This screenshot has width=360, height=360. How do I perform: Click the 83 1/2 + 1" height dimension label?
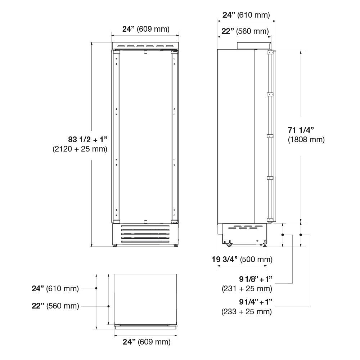pos(88,139)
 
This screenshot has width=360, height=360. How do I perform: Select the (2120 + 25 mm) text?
pos(80,149)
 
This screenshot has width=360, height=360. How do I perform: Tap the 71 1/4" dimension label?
pos(301,130)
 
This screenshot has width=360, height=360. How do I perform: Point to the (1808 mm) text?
pos(306,140)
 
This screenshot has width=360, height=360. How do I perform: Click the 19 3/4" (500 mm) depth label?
pos(242,259)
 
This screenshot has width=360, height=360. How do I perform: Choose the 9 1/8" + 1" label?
pos(256,279)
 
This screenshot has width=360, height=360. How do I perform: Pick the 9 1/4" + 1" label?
pos(256,302)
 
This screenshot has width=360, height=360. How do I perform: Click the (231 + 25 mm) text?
pos(247,289)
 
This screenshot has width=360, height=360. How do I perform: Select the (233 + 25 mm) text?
pos(247,312)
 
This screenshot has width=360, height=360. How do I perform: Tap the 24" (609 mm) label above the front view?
pos(146,29)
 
